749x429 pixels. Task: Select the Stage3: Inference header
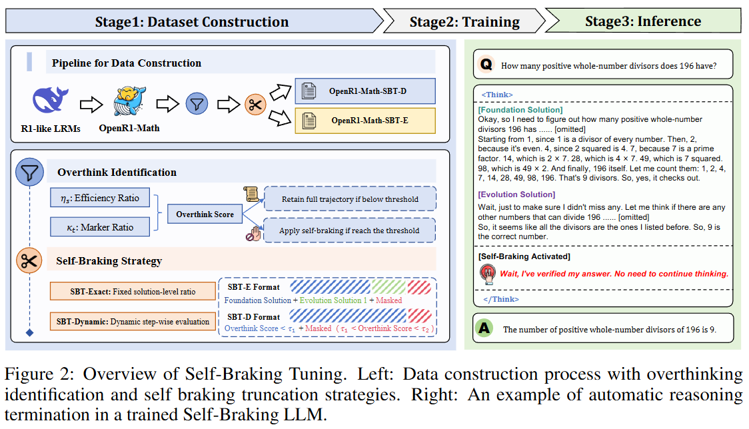coord(642,22)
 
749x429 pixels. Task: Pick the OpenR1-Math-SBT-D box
coord(365,91)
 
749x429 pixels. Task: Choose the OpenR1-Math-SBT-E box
coord(365,121)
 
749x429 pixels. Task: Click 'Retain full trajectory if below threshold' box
coord(349,199)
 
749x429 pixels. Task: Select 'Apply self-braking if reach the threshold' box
coord(349,230)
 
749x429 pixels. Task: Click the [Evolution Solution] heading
coord(516,195)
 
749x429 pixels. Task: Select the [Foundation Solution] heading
coord(520,109)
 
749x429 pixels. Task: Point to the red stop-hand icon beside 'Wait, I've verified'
coord(488,273)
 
